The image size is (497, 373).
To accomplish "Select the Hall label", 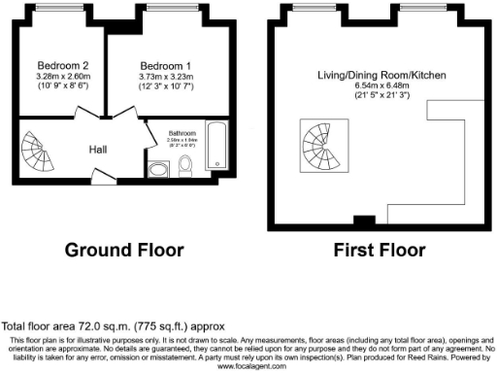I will (98, 151).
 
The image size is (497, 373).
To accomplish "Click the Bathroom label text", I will (182, 133).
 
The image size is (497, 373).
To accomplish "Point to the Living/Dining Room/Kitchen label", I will (379, 76).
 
